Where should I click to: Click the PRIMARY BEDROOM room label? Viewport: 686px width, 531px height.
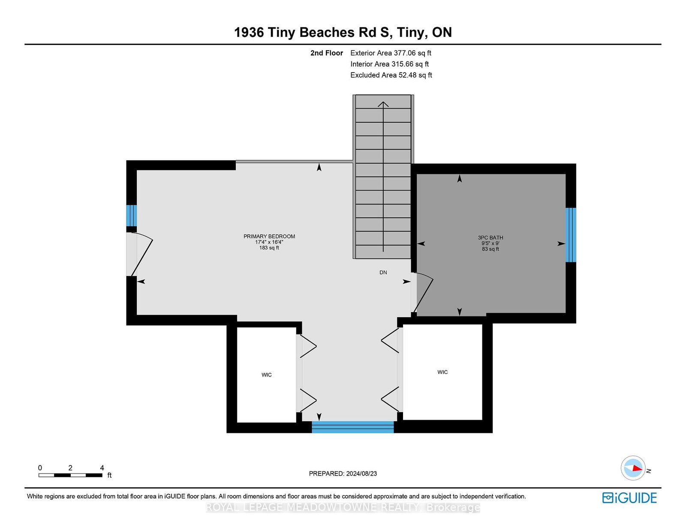tap(269, 236)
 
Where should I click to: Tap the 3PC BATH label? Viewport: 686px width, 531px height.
tap(490, 237)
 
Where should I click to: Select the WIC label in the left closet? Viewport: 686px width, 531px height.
tap(266, 375)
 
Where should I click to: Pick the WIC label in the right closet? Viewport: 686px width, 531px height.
tap(442, 372)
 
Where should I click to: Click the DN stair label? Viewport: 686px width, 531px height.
tap(383, 272)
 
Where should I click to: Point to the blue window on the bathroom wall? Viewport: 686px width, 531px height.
tap(571, 235)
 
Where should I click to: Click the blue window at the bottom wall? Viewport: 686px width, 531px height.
tap(352, 427)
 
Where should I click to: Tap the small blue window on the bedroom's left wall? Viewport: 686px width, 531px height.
tap(131, 215)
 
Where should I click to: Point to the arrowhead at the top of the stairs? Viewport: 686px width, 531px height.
tap(383, 104)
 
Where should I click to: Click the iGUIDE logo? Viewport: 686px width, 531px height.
tap(629, 498)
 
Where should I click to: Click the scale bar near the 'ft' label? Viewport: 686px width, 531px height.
tap(70, 475)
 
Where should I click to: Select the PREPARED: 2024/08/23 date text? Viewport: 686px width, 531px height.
tap(343, 473)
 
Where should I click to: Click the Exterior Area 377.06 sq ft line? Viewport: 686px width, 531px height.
tap(391, 53)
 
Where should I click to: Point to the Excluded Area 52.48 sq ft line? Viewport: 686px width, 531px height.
tap(391, 75)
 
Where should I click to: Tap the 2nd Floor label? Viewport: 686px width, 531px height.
tap(326, 53)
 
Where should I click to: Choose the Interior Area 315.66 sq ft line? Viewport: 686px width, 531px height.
tap(390, 64)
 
